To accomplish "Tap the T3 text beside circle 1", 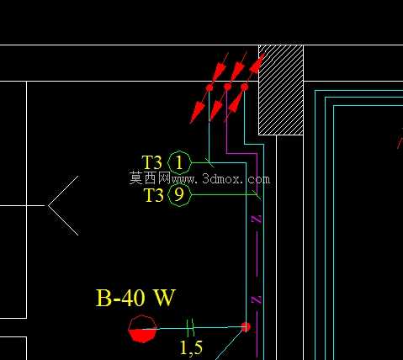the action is pyautogui.click(x=152, y=162).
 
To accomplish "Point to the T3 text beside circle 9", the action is pyautogui.click(x=153, y=195).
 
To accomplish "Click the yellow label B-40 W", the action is pyautogui.click(x=135, y=298).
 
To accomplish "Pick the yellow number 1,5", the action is pyautogui.click(x=191, y=348).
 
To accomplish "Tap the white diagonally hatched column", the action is pyautogui.click(x=281, y=90).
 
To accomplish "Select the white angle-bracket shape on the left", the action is pyautogui.click(x=48, y=205).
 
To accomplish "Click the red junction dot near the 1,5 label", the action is pyautogui.click(x=246, y=327).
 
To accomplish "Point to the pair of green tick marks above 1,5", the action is pyautogui.click(x=190, y=327).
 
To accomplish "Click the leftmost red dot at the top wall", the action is pyautogui.click(x=209, y=88).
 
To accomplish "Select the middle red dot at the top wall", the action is pyautogui.click(x=227, y=87).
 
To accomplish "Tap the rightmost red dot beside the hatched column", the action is pyautogui.click(x=245, y=87).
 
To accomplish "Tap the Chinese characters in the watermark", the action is pyautogui.click(x=150, y=177).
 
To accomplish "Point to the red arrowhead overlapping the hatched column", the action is pyautogui.click(x=257, y=64).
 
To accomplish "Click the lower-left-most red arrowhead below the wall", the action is pyautogui.click(x=197, y=112).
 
